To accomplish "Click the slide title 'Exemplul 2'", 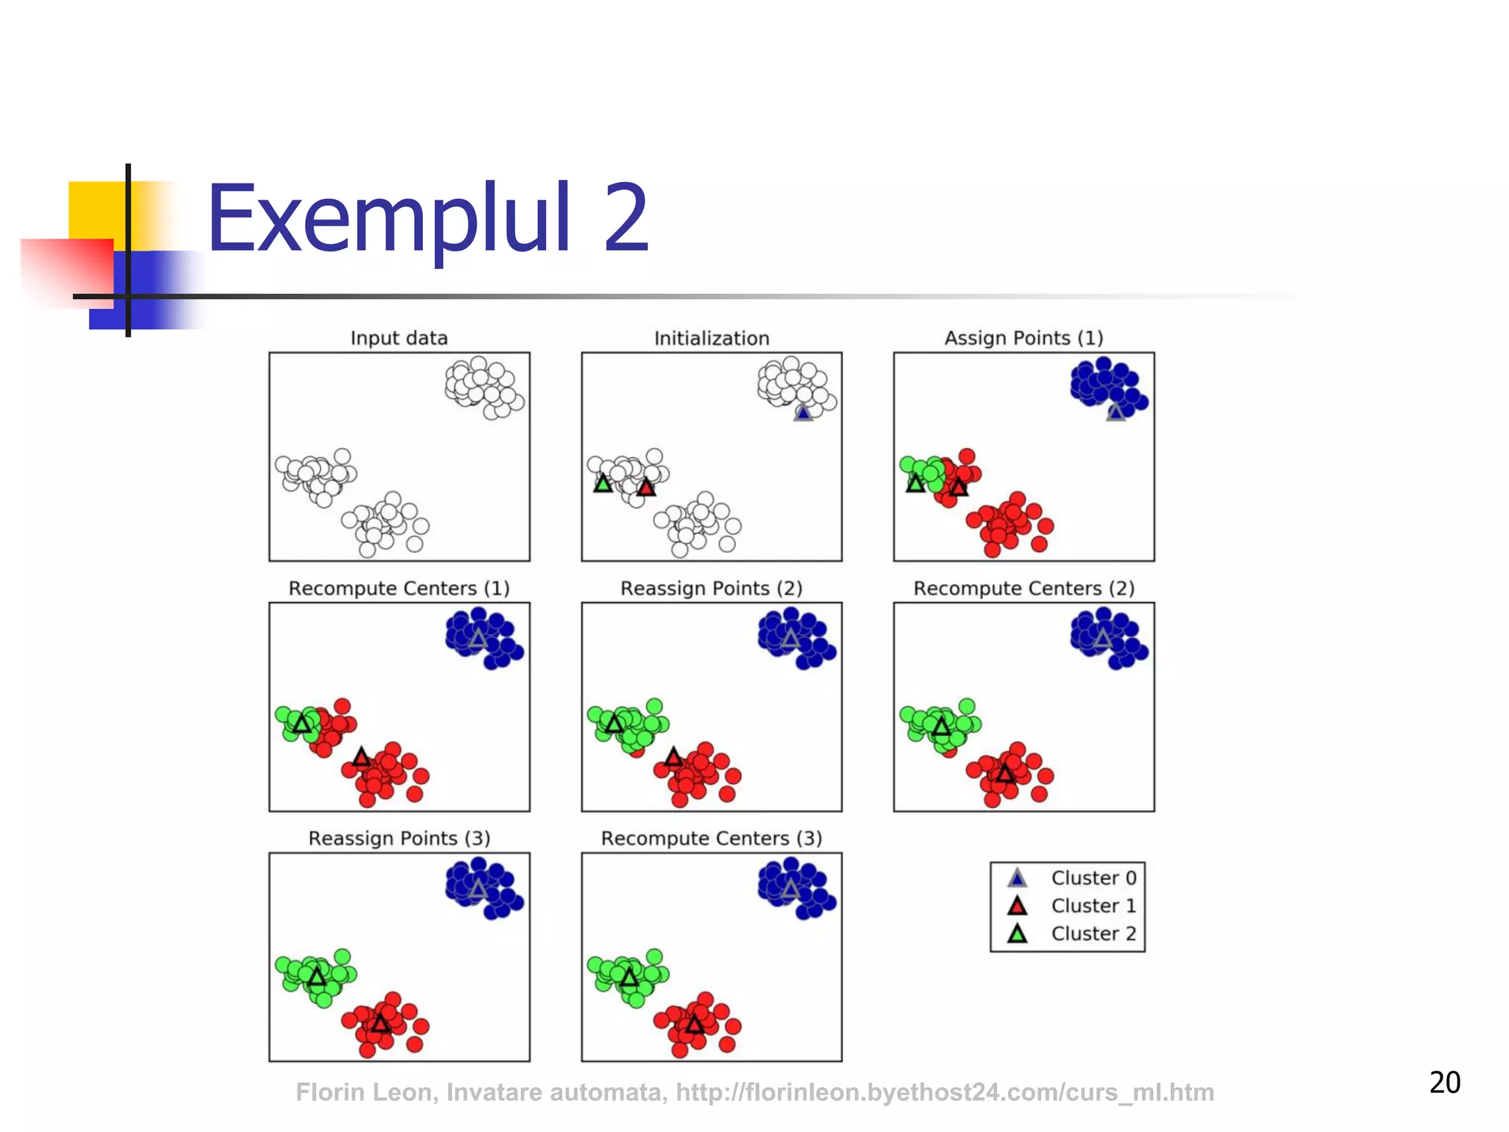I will point(427,219).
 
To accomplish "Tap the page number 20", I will point(1444,1082).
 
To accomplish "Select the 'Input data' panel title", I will point(399,338).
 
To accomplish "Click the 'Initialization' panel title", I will point(711,338).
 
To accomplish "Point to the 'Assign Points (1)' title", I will point(1023,338).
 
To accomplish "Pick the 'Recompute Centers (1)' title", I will point(399,588).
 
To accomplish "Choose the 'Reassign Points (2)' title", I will point(711,588).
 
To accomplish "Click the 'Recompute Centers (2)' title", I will point(1023,588).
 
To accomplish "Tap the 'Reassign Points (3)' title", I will point(399,838).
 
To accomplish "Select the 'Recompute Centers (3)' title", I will point(711,838).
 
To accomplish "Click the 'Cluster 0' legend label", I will point(1093,878).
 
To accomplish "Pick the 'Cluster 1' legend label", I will point(1093,906).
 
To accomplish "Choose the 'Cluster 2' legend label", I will point(1093,934).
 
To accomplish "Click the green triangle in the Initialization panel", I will point(603,484).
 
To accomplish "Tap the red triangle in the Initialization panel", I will point(646,487).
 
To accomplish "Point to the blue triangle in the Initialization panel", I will point(803,413).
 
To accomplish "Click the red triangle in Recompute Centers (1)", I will point(361,757).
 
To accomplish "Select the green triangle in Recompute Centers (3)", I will point(629,978).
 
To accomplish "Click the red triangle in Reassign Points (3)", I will point(380,1024).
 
